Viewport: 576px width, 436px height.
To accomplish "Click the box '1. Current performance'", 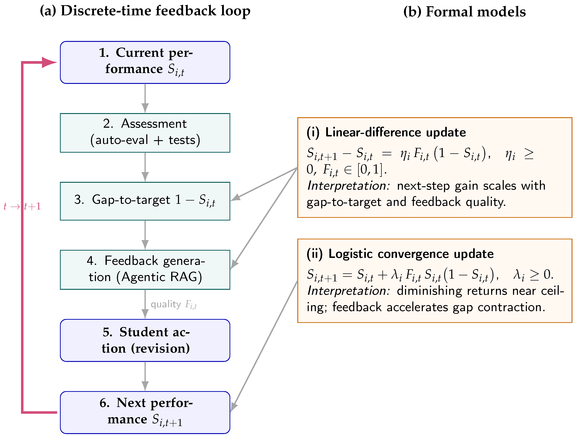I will tap(145, 62).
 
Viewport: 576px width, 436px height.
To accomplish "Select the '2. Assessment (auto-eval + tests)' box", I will tap(145, 133).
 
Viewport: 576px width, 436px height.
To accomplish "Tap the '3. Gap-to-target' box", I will tap(145, 201).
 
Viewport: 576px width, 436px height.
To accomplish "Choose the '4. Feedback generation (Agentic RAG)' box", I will tap(145, 270).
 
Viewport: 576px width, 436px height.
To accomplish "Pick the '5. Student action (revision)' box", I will tap(145, 340).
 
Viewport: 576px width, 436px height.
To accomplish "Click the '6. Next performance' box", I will tap(145, 412).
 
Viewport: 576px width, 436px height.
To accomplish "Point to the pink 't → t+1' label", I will tap(22, 206).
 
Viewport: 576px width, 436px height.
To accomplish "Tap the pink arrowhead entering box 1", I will tap(49, 62).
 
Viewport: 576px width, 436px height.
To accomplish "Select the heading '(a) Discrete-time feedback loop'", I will tap(145, 11).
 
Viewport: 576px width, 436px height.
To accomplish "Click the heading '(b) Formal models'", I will tap(464, 12).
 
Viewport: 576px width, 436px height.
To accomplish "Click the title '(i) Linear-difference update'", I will tap(386, 132).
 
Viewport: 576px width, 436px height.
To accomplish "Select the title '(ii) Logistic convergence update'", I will tap(400, 254).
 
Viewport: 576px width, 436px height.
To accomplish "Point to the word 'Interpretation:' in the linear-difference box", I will tap(348, 186).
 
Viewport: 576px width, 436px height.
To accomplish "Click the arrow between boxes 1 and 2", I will tap(145, 98).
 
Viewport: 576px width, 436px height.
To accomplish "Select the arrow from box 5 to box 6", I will tap(145, 376).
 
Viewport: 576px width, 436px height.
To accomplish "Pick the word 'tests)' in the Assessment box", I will tap(184, 140).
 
